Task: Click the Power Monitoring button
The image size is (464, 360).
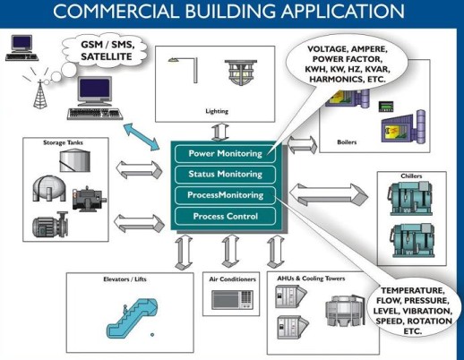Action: (x=225, y=154)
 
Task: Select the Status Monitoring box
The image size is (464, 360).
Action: (x=225, y=175)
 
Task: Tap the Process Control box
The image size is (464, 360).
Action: (x=225, y=216)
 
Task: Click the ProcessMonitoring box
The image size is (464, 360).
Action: (x=225, y=195)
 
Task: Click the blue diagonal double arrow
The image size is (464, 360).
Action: (x=142, y=136)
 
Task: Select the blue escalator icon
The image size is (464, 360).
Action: (x=132, y=318)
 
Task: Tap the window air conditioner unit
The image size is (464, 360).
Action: (x=233, y=300)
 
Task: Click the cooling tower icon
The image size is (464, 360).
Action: (x=345, y=311)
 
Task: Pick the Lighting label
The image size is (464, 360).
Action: (x=217, y=111)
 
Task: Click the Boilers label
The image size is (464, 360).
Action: (x=347, y=142)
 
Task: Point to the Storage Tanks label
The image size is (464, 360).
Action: (x=63, y=142)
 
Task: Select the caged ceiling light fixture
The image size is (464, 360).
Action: (x=241, y=73)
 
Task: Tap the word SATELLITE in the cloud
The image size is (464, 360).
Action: (x=107, y=56)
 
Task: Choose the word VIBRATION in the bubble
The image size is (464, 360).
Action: (x=427, y=311)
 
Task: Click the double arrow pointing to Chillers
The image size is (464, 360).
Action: (x=329, y=194)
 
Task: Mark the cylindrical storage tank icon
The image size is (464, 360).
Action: (x=74, y=160)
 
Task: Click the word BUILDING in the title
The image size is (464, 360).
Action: (x=230, y=12)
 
